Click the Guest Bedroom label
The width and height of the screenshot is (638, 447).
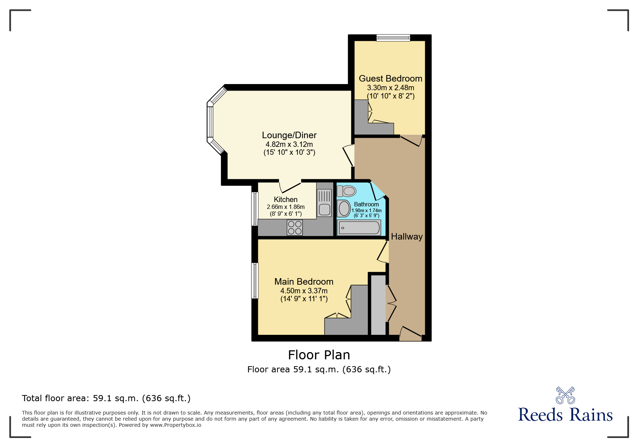pyautogui.click(x=391, y=78)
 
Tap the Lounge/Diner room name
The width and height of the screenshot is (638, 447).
pyautogui.click(x=289, y=135)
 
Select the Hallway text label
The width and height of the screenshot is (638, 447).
pyautogui.click(x=407, y=237)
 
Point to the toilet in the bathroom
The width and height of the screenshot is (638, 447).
pyautogui.click(x=347, y=190)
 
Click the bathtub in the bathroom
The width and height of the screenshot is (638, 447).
pyautogui.click(x=359, y=228)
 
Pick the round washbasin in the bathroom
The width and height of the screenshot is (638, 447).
pyautogui.click(x=344, y=209)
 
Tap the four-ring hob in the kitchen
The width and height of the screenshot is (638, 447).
pyautogui.click(x=295, y=228)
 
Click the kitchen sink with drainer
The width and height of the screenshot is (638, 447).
pyautogui.click(x=324, y=203)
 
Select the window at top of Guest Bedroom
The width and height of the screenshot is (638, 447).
pyautogui.click(x=393, y=38)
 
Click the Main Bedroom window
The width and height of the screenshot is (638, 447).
pyautogui.click(x=255, y=281)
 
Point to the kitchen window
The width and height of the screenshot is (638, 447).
pyautogui.click(x=255, y=209)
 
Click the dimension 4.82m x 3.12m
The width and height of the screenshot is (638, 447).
pyautogui.click(x=289, y=144)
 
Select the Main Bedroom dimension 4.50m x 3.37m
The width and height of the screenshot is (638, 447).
pyautogui.click(x=304, y=291)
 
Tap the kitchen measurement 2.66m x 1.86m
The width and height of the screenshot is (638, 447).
pyautogui.click(x=286, y=207)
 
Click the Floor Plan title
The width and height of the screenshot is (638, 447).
pyautogui.click(x=319, y=355)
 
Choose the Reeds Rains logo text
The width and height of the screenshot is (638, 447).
pyautogui.click(x=566, y=415)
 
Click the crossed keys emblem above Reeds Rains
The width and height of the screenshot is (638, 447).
pyautogui.click(x=566, y=395)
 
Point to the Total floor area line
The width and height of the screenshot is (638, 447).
pyautogui.click(x=106, y=398)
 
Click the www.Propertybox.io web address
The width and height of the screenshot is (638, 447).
pyautogui.click(x=176, y=425)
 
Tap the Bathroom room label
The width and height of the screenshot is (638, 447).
pyautogui.click(x=366, y=204)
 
